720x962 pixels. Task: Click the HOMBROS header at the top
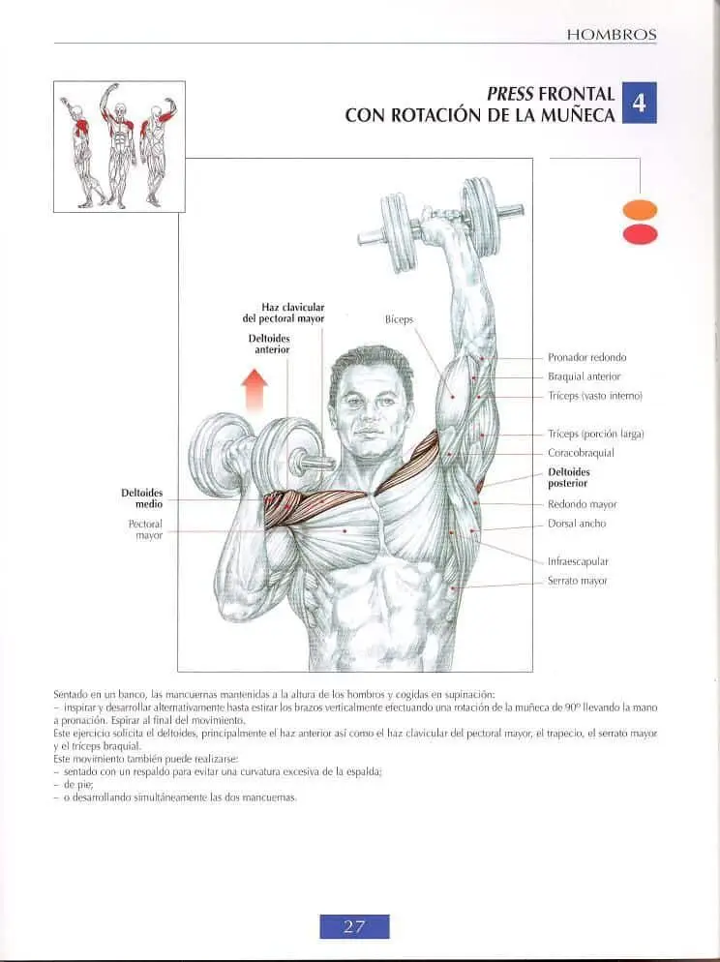coord(612,35)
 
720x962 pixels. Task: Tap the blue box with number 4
coord(639,103)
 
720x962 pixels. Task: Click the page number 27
coord(354,926)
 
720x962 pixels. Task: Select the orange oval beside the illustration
coord(640,210)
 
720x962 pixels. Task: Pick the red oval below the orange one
coord(640,234)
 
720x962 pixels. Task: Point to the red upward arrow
coord(255,390)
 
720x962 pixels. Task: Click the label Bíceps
coord(400,319)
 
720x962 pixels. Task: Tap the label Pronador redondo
coord(586,357)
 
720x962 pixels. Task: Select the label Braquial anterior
coord(584,376)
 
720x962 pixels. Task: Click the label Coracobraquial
coord(581,453)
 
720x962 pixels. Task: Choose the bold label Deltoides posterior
coord(568,477)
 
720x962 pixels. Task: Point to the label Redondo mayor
coord(582,504)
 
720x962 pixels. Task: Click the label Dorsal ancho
coord(577,524)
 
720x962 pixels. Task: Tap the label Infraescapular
coord(578,561)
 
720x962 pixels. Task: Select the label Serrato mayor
coord(577,581)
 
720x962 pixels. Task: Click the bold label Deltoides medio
coord(141,498)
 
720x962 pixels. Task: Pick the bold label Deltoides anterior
coord(269,344)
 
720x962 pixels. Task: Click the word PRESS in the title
coord(510,94)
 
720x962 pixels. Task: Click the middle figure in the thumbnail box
coord(121,145)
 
